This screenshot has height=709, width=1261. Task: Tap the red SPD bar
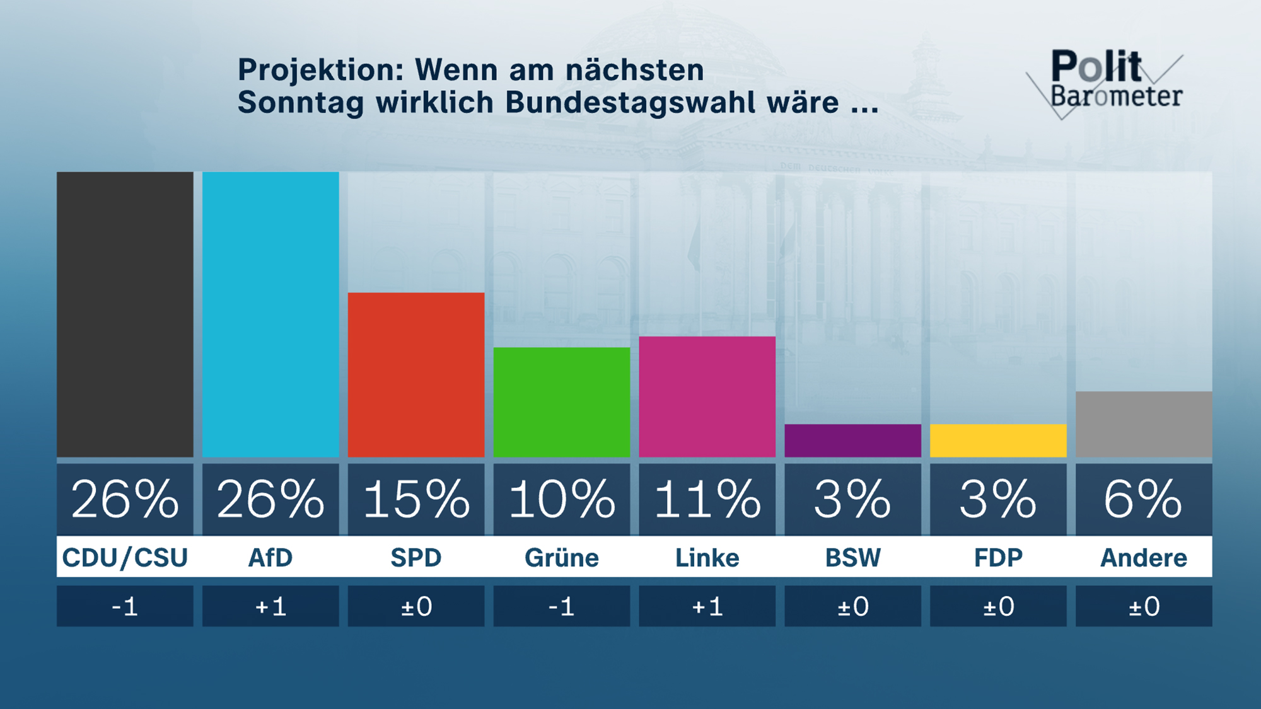click(416, 374)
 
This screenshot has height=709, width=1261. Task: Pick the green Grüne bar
click(561, 402)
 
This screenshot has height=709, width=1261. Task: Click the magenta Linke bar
click(707, 396)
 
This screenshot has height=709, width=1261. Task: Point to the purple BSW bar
click(852, 441)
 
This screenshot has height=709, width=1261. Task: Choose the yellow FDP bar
click(998, 441)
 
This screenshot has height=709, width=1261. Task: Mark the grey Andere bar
click(1144, 424)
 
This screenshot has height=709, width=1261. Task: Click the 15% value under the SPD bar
click(416, 499)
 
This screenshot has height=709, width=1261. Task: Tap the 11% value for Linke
click(707, 499)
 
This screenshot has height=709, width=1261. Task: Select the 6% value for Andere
click(1144, 499)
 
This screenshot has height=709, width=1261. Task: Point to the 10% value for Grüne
click(561, 499)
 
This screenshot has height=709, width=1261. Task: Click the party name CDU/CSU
click(125, 558)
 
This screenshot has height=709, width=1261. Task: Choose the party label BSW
click(852, 558)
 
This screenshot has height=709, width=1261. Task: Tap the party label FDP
click(998, 558)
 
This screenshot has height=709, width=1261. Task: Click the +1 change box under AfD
click(270, 606)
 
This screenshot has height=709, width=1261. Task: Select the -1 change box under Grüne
click(561, 606)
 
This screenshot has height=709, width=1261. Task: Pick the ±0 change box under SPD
click(416, 606)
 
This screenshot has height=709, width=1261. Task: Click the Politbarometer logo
click(1110, 82)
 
